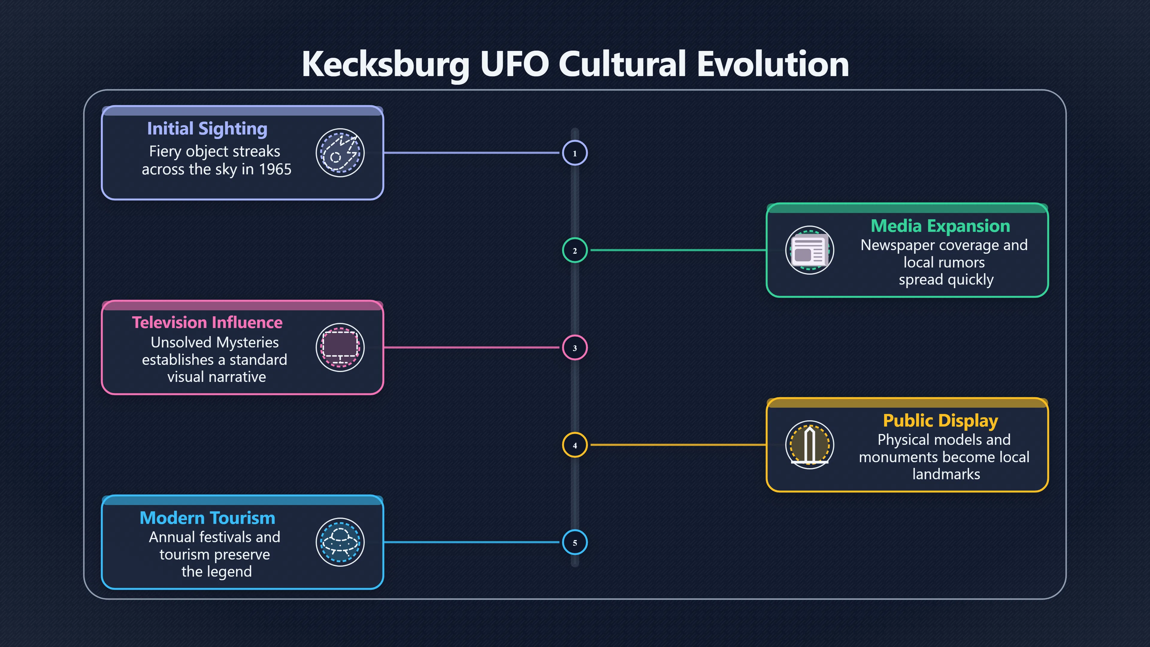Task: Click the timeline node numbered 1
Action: tap(575, 153)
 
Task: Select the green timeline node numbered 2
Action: tap(575, 250)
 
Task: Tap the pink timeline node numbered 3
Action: tap(575, 348)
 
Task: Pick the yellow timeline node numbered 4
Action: tap(575, 445)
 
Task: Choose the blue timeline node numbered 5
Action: tap(575, 542)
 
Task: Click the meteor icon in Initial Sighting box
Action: tap(340, 153)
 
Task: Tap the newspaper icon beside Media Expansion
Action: tap(809, 250)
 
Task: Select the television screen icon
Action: tap(340, 347)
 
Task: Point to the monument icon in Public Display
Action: tap(809, 445)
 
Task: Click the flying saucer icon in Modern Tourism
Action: tap(340, 542)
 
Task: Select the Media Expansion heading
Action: tap(940, 226)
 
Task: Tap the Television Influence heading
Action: tap(207, 322)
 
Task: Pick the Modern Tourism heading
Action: tap(207, 518)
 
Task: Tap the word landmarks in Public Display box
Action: tap(946, 474)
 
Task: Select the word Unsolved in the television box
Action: tap(181, 342)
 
